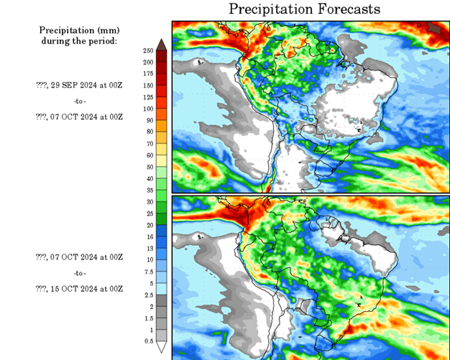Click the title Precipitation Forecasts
(304, 9)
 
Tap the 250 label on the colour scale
(148, 50)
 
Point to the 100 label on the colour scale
(148, 109)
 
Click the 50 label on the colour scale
(148, 167)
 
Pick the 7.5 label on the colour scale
(148, 271)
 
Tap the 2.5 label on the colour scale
(148, 294)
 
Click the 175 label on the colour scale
(148, 73)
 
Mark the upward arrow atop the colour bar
(162, 45)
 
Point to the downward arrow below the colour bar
(162, 348)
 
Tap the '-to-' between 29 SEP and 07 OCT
(79, 101)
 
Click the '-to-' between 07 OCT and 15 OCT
(79, 273)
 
